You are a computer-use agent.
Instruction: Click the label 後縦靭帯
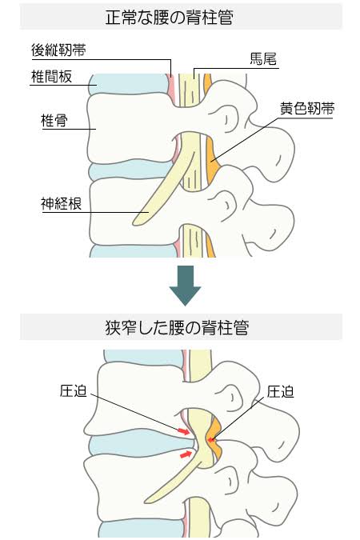click(58, 50)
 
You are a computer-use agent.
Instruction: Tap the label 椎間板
click(51, 77)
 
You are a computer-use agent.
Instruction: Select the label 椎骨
click(54, 121)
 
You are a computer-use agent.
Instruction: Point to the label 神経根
click(62, 203)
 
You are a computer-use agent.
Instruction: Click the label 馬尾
click(263, 59)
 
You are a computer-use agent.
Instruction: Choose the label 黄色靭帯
click(307, 109)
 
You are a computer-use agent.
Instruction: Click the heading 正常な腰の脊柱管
click(170, 17)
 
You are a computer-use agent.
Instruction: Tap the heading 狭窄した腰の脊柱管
click(177, 327)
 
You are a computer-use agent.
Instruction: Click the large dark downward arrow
click(185, 286)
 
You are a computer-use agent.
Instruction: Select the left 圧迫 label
click(73, 391)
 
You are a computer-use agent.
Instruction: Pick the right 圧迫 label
click(281, 392)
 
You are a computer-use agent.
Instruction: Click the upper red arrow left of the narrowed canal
click(184, 431)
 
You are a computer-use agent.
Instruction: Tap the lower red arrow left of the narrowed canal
click(186, 454)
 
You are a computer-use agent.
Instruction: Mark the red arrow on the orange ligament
click(211, 439)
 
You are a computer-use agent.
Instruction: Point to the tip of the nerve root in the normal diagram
click(134, 224)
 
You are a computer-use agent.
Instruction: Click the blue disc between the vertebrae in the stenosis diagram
click(138, 446)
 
